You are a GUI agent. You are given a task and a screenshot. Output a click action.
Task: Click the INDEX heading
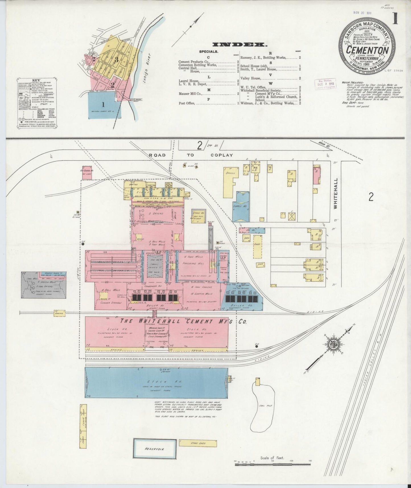[240, 44]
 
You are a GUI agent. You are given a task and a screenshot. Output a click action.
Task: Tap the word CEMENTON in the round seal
[367, 50]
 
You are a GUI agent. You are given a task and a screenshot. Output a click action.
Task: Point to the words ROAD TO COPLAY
[191, 155]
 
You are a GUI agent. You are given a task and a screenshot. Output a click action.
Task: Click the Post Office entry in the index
[187, 103]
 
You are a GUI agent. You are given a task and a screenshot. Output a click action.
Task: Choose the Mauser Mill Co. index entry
[191, 93]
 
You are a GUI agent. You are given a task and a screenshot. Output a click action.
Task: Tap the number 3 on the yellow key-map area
[116, 60]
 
